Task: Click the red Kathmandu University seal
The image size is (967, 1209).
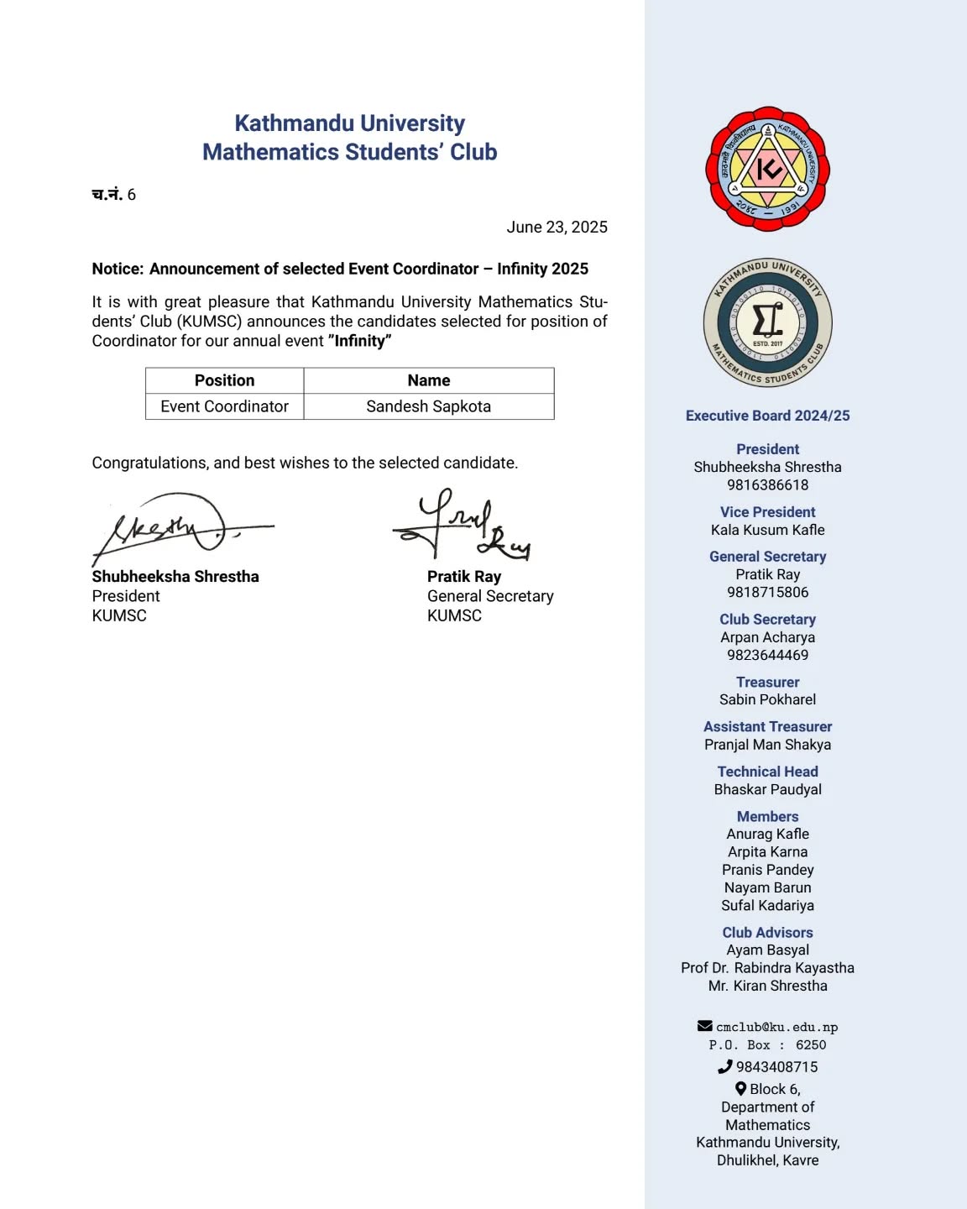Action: coord(767,169)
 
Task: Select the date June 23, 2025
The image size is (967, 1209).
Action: coord(557,228)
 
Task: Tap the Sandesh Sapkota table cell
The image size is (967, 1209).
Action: coord(428,406)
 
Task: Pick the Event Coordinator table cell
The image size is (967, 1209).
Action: coord(224,406)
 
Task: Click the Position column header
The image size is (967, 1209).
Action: coord(224,380)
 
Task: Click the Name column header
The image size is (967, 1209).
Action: coord(428,380)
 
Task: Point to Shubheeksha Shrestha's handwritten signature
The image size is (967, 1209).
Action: coord(172,528)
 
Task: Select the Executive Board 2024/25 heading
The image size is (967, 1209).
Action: coord(767,416)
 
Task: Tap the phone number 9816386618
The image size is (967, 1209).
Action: coord(767,485)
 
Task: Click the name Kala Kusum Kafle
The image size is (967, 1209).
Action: coord(767,530)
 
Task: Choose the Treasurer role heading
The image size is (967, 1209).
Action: coord(767,683)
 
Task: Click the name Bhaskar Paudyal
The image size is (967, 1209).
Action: coord(767,789)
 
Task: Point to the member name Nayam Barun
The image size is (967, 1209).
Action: coord(767,887)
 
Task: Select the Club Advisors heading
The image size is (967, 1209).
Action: coord(767,933)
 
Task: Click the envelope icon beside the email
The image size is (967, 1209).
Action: coord(705,1026)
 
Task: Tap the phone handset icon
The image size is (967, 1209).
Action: coord(725,1067)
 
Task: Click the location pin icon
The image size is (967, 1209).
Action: coord(740,1089)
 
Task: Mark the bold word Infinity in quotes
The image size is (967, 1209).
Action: coord(361,341)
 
